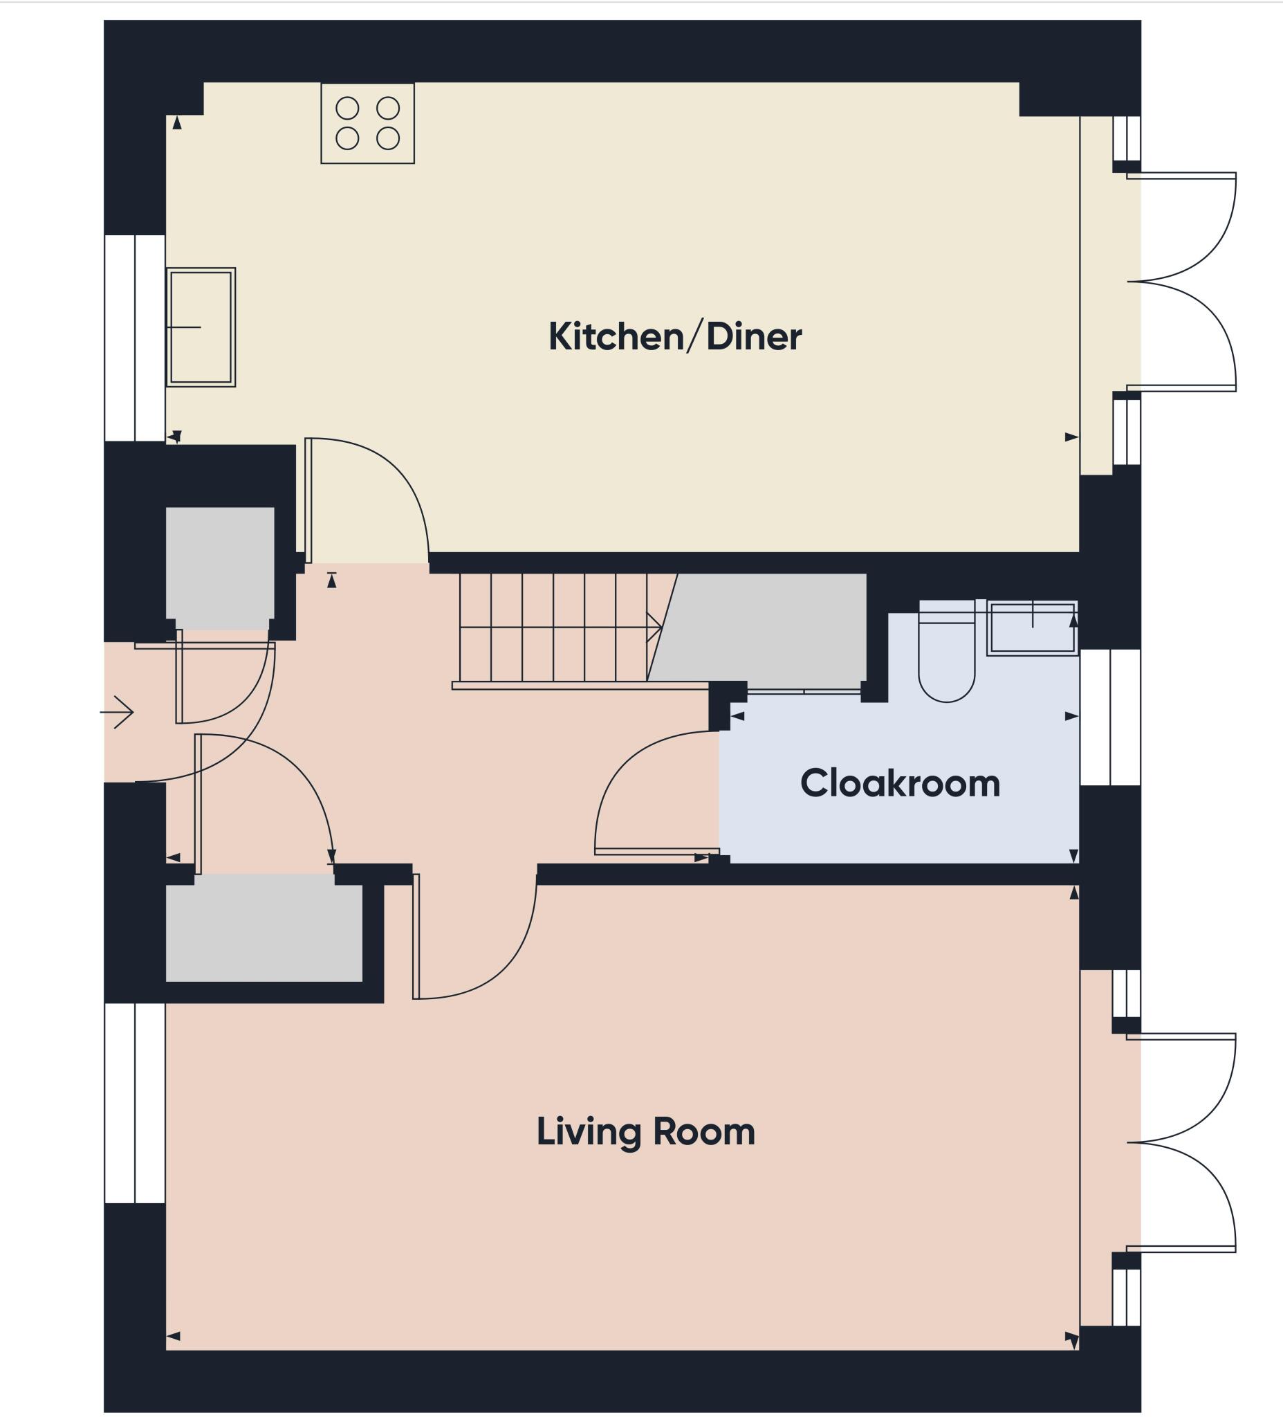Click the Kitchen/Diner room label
pyautogui.click(x=674, y=337)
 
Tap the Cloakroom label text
pyautogui.click(x=899, y=783)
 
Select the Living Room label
pyautogui.click(x=645, y=1132)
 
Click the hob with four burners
pyautogui.click(x=367, y=123)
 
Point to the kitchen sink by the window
pyautogui.click(x=201, y=327)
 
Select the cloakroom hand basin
pyautogui.click(x=1031, y=628)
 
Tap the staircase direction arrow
pyautogui.click(x=654, y=627)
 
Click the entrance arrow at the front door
pyautogui.click(x=118, y=712)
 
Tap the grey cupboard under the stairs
pyautogui.click(x=766, y=629)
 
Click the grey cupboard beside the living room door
pyautogui.click(x=264, y=933)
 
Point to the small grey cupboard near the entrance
pyautogui.click(x=219, y=567)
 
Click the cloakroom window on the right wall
pyautogui.click(x=1109, y=717)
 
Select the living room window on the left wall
pyautogui.click(x=135, y=1103)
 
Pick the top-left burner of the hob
pyautogui.click(x=347, y=108)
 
